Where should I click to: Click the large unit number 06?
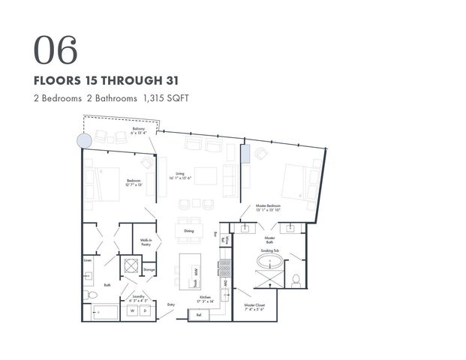(55, 49)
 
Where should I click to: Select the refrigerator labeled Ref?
(199, 315)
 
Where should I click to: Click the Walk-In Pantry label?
(146, 242)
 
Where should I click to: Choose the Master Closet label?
(255, 307)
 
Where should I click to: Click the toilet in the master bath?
(296, 280)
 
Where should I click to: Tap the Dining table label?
(188, 231)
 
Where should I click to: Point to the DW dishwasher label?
(224, 284)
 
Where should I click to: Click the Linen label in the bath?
(88, 260)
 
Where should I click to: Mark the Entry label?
(170, 304)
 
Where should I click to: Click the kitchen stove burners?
(224, 267)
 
